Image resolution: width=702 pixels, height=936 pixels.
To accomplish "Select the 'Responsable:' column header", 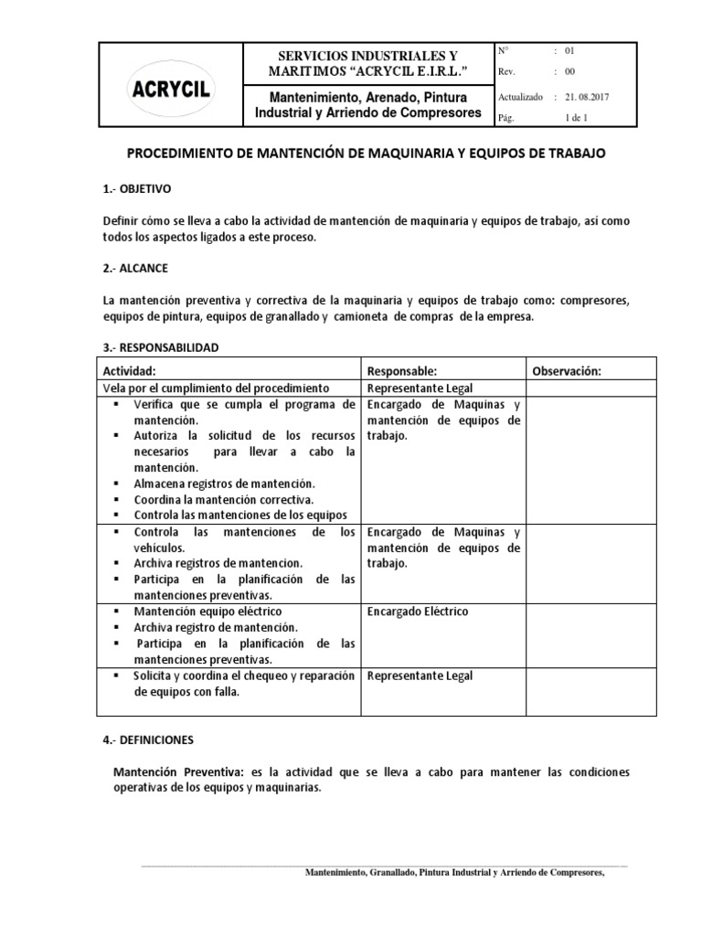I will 402,371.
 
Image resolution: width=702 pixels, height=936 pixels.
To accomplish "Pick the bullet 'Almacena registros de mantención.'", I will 224,483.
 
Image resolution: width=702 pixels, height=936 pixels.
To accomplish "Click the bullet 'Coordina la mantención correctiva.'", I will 224,499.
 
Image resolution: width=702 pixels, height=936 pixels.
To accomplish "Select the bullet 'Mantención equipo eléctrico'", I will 207,611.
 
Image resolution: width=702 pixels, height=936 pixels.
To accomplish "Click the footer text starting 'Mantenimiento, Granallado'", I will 454,872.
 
